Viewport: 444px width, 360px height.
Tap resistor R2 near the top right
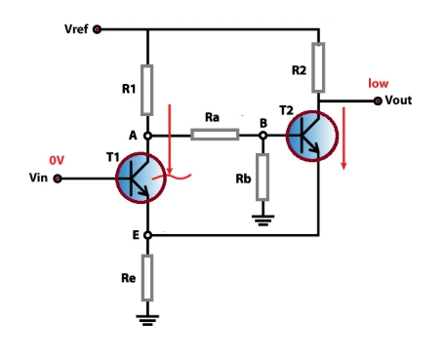tap(318, 60)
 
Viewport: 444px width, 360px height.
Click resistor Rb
tap(262, 177)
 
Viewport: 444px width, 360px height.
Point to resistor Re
tap(147, 277)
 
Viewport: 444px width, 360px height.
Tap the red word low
tap(378, 84)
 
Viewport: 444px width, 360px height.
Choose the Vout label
tap(401, 100)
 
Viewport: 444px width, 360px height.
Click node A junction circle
tap(147, 136)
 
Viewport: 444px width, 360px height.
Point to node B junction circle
tap(262, 136)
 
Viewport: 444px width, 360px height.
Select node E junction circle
tap(147, 235)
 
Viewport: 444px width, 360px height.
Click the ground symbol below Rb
tap(262, 220)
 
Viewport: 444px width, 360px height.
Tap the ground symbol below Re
tap(147, 318)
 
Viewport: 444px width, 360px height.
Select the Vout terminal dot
tap(377, 100)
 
